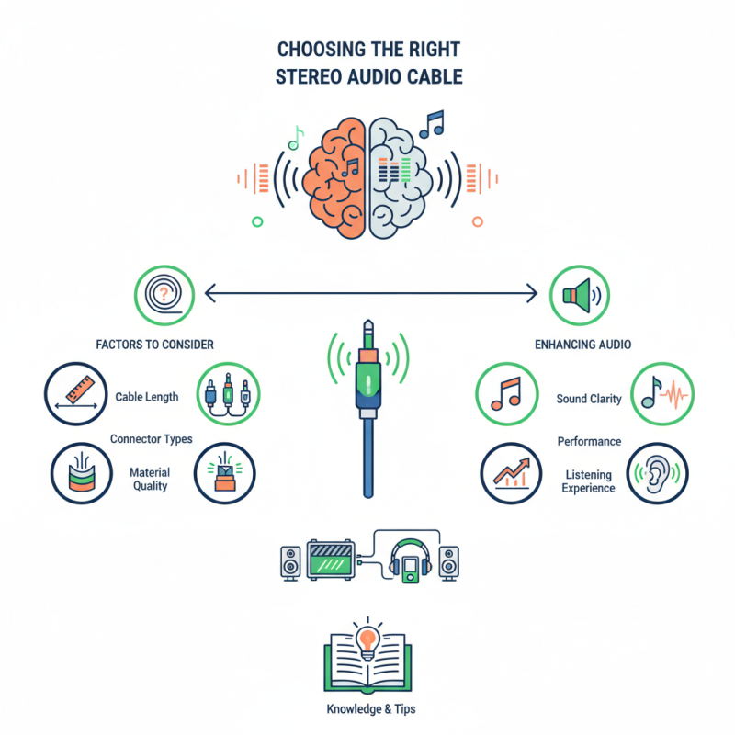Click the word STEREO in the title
tap(309, 75)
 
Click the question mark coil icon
tap(164, 294)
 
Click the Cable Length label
tap(147, 397)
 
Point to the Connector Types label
tap(152, 439)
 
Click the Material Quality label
tap(149, 479)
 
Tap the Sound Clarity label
tap(589, 399)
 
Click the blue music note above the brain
tap(430, 123)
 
